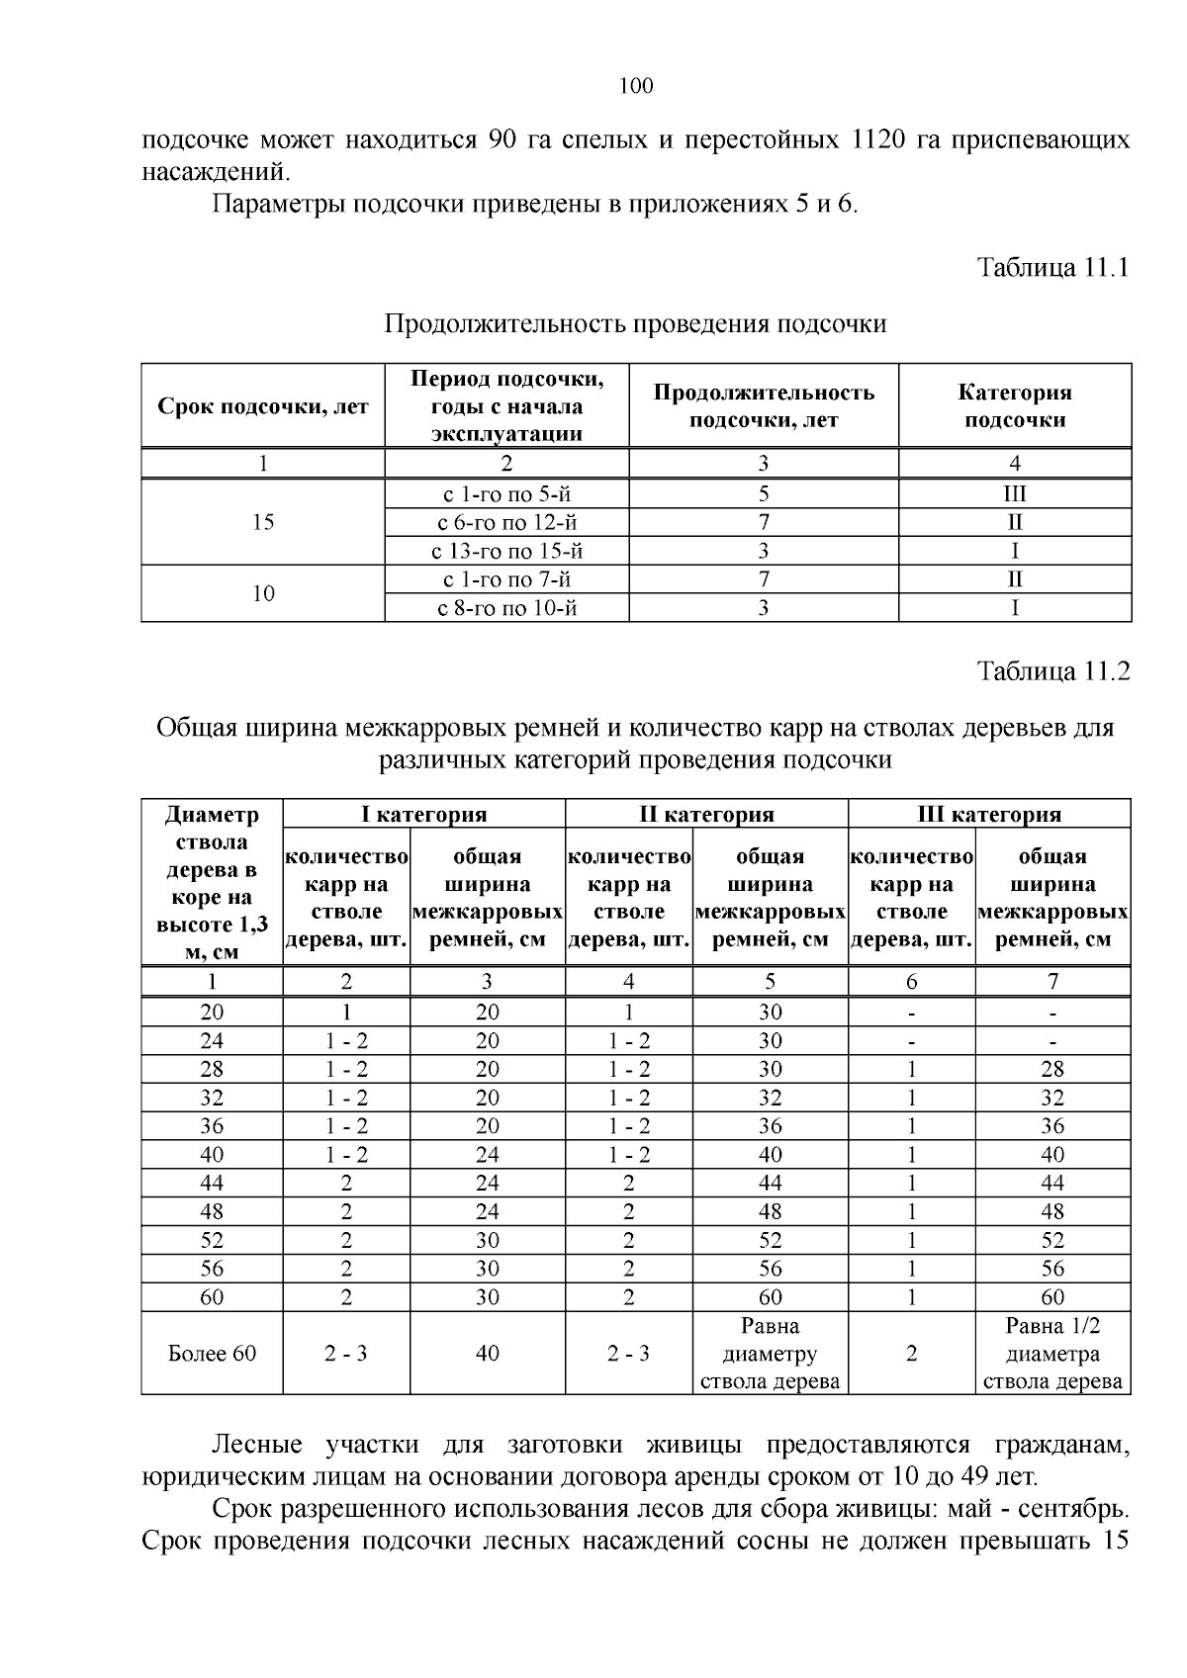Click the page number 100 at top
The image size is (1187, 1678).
(636, 86)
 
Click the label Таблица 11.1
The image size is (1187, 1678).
(1052, 267)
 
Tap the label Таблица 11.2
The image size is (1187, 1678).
(1052, 671)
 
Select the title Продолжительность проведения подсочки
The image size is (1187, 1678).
(635, 323)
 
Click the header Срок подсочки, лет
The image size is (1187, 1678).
(263, 406)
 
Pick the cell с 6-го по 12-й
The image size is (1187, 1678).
(507, 522)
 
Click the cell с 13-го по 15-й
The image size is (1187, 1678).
(507, 551)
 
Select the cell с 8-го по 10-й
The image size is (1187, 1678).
(507, 607)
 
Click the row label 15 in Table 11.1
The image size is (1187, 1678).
(263, 522)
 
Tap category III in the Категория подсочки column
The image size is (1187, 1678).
(1015, 494)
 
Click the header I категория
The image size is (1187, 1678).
(423, 814)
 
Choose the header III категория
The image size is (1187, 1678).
(989, 814)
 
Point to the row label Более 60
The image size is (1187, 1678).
(212, 1353)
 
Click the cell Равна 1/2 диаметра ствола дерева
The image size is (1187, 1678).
(1052, 1353)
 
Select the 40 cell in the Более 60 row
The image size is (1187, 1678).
(487, 1353)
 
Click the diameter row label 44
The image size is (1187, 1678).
(212, 1183)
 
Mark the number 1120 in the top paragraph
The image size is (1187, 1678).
(878, 139)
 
